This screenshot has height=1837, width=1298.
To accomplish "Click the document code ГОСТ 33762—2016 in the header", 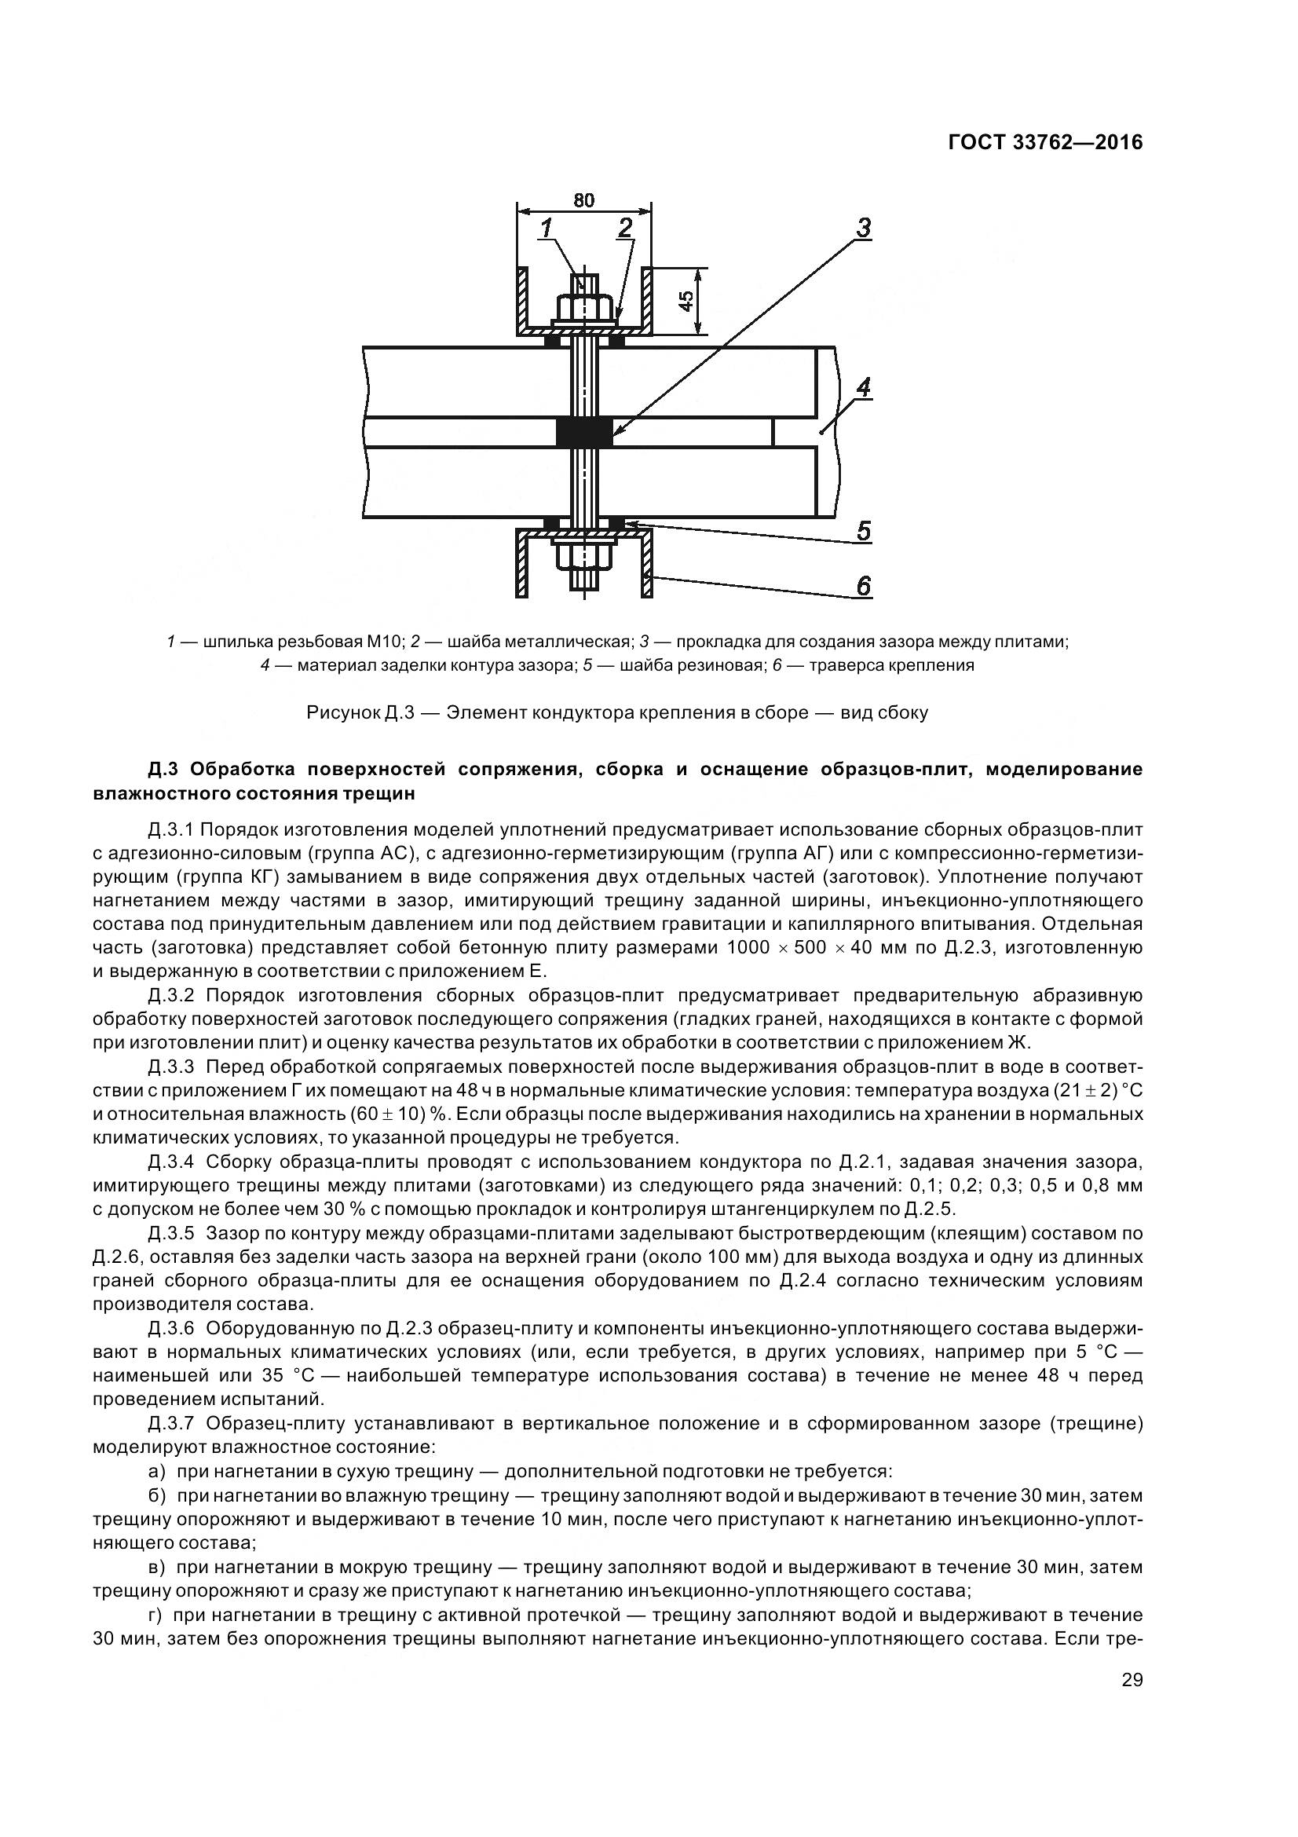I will point(1044,142).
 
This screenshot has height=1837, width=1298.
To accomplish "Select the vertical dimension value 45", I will point(686,301).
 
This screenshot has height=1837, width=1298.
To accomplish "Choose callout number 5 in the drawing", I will point(863,531).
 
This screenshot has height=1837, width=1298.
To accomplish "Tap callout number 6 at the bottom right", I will point(863,587).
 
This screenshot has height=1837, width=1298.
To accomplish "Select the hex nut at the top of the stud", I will point(585,308).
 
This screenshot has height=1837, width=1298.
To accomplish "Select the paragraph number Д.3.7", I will point(171,1423).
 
